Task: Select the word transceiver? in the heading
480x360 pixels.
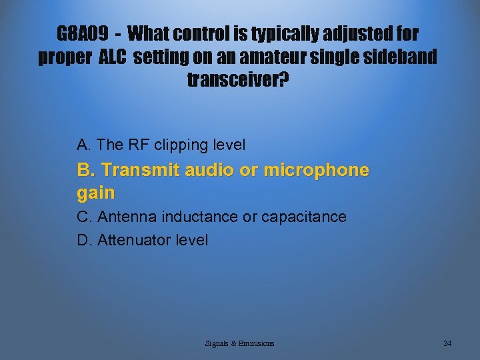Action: click(x=239, y=81)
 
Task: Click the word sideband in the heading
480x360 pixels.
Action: click(x=399, y=57)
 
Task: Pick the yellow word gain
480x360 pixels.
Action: click(x=96, y=194)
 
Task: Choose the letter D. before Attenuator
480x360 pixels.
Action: click(x=85, y=240)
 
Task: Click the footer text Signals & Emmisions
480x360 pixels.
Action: click(x=240, y=343)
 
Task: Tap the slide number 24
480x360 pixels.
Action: click(x=447, y=343)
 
